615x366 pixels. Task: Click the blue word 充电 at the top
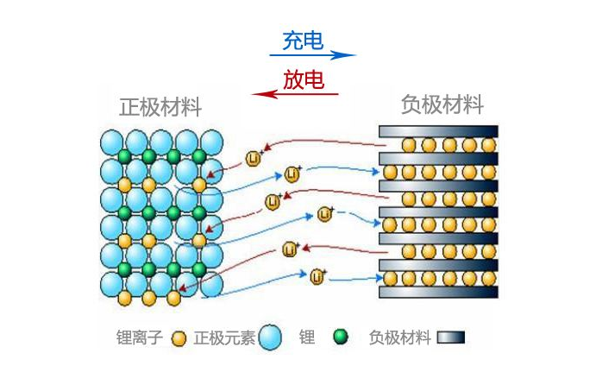click(x=304, y=41)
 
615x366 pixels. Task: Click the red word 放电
click(x=303, y=81)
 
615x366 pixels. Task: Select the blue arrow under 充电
click(x=312, y=55)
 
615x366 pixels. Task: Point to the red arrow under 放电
click(x=294, y=94)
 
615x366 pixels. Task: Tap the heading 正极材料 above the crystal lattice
click(x=160, y=108)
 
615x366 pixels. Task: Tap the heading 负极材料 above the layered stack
click(x=442, y=105)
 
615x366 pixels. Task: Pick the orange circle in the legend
click(x=179, y=338)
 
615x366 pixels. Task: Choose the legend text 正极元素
click(x=224, y=338)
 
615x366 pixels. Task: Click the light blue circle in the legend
click(x=271, y=338)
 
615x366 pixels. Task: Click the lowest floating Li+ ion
click(x=317, y=277)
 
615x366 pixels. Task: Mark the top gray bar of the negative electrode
click(x=439, y=130)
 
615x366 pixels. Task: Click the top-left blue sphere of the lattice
click(x=112, y=142)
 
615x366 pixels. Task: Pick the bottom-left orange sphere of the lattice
click(x=124, y=298)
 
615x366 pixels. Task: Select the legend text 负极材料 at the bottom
click(x=399, y=338)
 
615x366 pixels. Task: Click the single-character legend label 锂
click(x=307, y=338)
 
